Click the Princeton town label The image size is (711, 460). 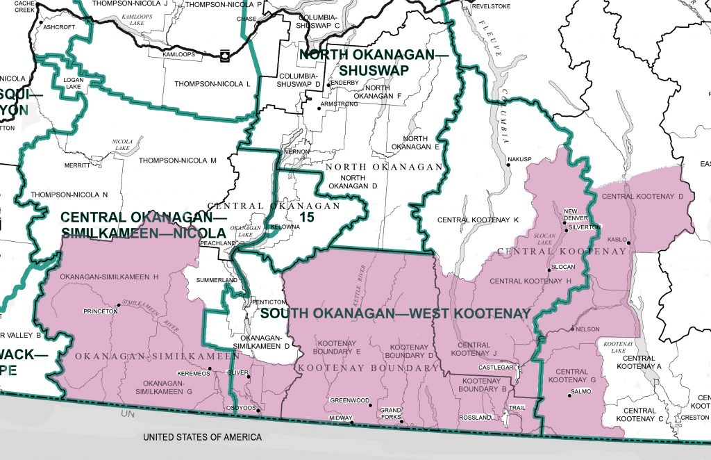(x=100, y=311)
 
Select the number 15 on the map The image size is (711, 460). (x=306, y=217)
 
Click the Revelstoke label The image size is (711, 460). (x=491, y=6)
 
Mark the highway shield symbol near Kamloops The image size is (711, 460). (x=225, y=56)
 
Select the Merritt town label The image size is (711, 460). (x=78, y=165)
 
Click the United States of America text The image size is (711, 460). (x=202, y=437)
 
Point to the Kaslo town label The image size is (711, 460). (x=617, y=240)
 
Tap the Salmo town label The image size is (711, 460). (x=580, y=392)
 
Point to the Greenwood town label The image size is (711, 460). (x=349, y=401)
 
